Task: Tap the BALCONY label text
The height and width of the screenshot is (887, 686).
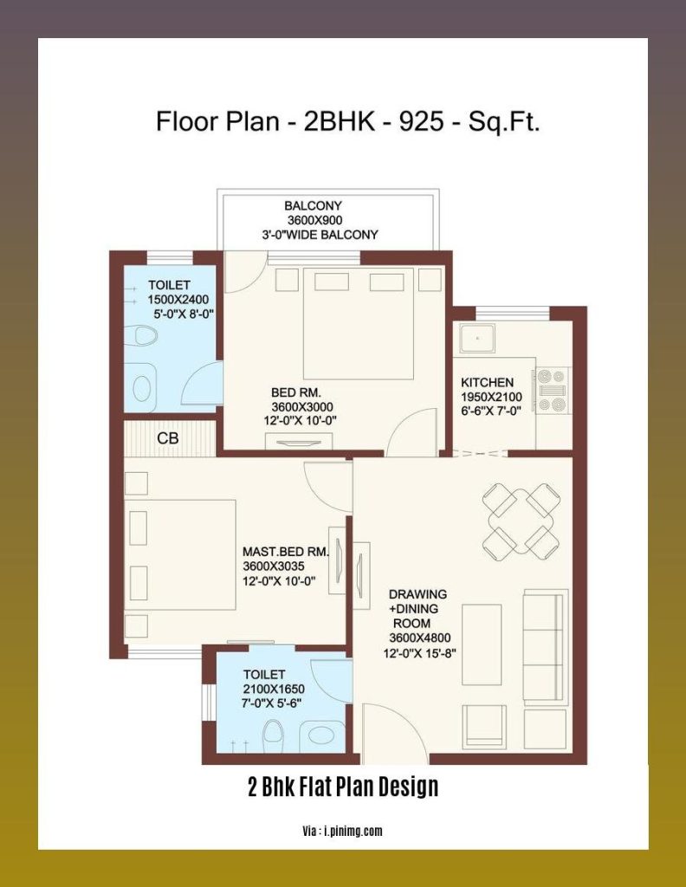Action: point(313,206)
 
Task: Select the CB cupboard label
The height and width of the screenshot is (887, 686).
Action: point(168,438)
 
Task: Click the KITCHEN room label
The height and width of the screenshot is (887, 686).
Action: point(487,382)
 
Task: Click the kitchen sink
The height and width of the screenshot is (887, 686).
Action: point(476,338)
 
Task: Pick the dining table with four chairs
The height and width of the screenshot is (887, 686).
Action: point(520,521)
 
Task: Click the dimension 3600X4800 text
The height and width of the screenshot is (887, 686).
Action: point(419,638)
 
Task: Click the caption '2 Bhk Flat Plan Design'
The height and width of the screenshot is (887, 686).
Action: point(343,787)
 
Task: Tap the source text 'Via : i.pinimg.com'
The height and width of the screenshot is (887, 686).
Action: point(343,831)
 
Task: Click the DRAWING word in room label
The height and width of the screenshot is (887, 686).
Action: point(417,594)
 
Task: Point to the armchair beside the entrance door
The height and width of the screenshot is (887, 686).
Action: point(480,726)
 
